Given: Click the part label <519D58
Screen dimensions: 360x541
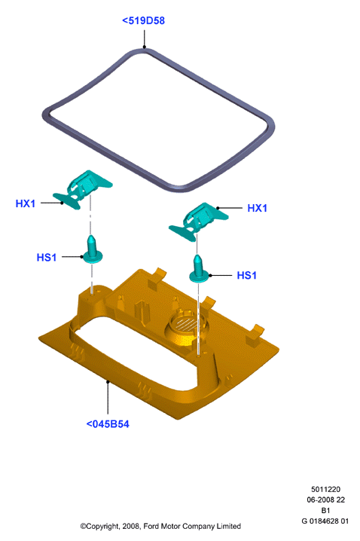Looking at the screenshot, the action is coord(143,20).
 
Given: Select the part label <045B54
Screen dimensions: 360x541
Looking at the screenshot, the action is coord(108,423).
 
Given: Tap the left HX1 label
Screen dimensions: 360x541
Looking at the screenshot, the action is coord(26,203).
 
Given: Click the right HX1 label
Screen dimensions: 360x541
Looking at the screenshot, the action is coord(258,208).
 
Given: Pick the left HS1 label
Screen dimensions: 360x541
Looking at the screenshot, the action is coord(47,258).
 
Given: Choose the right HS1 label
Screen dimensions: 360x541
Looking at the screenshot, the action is coord(247,275).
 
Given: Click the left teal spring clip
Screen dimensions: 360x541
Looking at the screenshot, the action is coord(83,189).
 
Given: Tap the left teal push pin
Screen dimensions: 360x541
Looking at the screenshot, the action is coord(92,250).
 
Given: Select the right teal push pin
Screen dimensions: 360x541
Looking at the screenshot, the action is coord(198,270).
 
